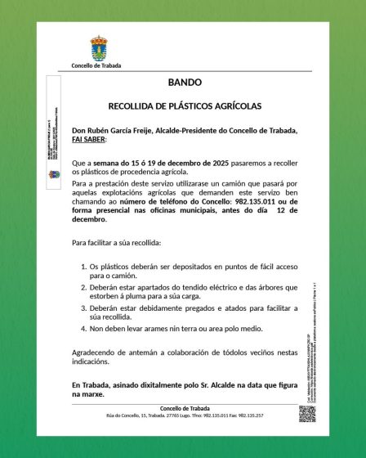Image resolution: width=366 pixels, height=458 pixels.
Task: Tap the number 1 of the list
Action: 86,267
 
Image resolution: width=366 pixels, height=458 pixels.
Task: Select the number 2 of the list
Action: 86,288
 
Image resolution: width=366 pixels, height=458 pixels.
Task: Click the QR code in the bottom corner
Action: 306,413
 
